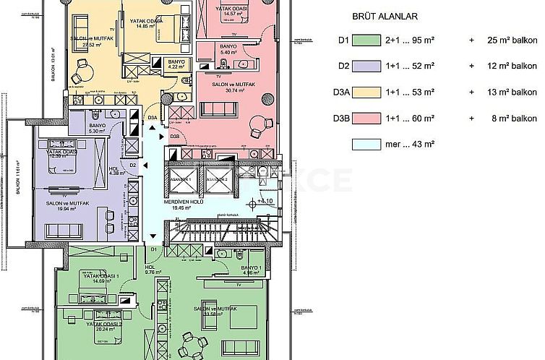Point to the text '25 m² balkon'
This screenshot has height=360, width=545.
(x=509, y=41)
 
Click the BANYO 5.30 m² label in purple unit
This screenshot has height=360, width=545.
(x=98, y=127)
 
